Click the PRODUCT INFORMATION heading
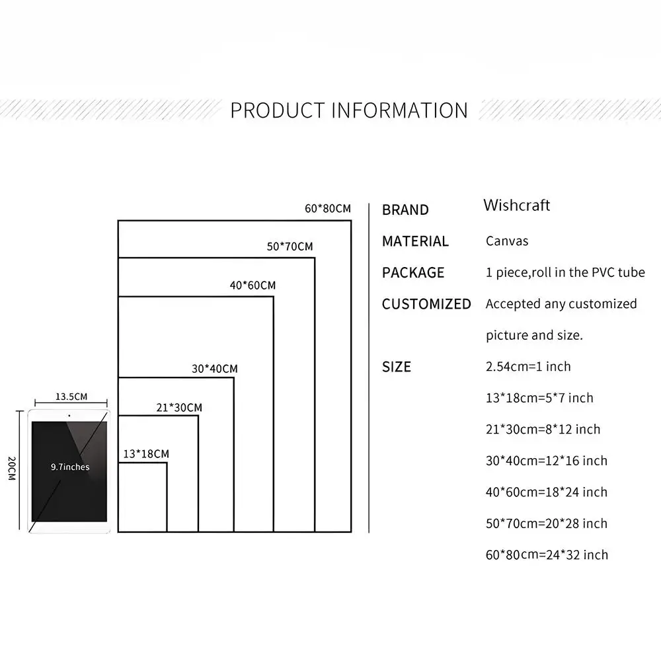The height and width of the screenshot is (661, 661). coord(349,110)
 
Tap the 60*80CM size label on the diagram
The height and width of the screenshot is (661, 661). coord(328,209)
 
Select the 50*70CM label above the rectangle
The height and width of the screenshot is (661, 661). coord(290,247)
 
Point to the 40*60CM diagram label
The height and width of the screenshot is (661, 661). coord(253,286)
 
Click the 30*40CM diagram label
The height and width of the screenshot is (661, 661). coord(215,369)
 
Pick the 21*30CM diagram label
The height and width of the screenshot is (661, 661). coord(179,408)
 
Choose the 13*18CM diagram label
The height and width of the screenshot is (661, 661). coord(146,454)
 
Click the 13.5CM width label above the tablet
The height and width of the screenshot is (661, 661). coord(71,397)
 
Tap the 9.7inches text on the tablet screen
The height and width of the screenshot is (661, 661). coord(70,467)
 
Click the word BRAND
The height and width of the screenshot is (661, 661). coord(405,210)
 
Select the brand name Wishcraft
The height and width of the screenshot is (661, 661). coord(516,205)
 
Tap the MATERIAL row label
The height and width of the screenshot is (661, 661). coord(415,241)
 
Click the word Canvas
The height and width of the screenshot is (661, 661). coord(507,241)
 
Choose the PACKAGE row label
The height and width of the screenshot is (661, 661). coord(413,272)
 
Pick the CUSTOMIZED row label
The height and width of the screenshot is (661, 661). coord(426,304)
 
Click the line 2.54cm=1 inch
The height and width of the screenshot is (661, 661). coord(528,367)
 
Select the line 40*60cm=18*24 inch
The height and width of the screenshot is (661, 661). coord(547,492)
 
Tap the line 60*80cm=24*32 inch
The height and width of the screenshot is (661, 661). coord(547,555)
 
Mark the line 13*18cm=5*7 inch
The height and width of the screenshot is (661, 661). coord(539,398)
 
